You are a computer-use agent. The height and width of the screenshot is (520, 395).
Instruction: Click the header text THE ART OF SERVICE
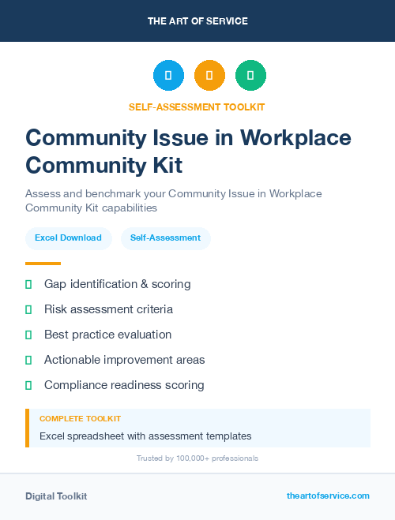[197, 21]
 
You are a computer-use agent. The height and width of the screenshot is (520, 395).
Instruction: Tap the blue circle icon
[168, 76]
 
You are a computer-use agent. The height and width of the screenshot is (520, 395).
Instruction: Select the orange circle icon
[209, 76]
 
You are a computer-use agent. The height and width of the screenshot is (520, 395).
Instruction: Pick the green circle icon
[250, 76]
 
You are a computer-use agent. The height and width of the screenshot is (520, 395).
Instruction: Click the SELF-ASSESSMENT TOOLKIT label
[197, 107]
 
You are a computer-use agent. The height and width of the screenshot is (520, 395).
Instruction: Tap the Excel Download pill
[68, 238]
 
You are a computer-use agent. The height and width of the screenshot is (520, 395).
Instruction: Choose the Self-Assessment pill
[165, 238]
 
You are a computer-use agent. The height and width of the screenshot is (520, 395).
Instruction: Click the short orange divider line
[43, 264]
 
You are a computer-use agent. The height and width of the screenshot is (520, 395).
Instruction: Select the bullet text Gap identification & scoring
[117, 284]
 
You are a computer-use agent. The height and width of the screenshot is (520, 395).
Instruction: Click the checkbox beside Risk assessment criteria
[28, 309]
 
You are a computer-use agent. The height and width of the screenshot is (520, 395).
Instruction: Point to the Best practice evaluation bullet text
[107, 335]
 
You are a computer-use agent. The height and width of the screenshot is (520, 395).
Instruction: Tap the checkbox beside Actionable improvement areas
[28, 360]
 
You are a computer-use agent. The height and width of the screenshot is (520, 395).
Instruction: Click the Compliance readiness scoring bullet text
[124, 385]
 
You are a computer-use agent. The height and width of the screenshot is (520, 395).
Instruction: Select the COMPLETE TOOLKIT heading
[80, 419]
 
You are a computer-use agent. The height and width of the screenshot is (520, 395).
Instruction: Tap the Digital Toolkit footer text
[56, 496]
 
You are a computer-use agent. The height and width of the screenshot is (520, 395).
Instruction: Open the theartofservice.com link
[328, 496]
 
